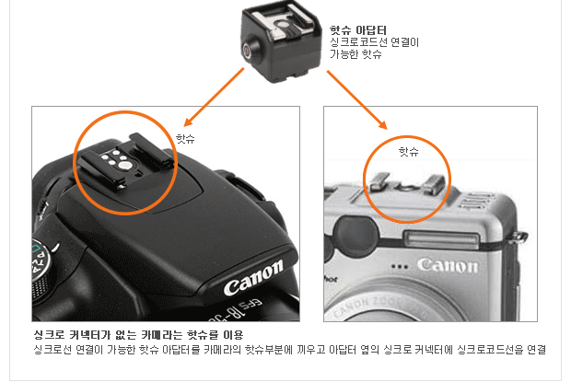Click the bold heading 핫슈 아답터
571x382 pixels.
(x=357, y=29)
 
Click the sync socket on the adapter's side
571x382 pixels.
(x=247, y=51)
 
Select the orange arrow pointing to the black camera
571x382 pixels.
(x=214, y=97)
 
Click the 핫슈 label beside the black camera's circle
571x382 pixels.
(x=185, y=138)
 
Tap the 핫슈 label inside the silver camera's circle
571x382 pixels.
(x=409, y=151)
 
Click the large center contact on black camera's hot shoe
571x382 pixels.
(x=125, y=166)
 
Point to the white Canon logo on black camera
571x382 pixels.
(x=253, y=277)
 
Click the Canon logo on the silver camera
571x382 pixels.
(x=448, y=265)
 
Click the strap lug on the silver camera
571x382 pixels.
(x=520, y=237)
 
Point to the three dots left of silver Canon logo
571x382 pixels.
(x=400, y=267)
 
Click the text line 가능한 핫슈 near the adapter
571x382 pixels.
(x=355, y=54)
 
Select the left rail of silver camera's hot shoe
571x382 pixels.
(x=379, y=182)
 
